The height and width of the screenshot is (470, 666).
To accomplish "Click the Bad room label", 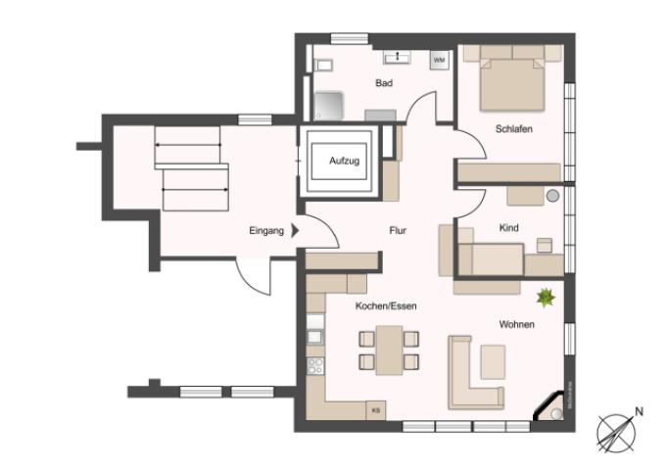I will [x=384, y=83].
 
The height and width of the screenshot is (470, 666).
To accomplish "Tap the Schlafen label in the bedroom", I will [x=513, y=128].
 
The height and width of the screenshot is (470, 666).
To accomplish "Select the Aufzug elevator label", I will [x=344, y=160].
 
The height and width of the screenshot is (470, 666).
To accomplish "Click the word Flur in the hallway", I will [x=397, y=231].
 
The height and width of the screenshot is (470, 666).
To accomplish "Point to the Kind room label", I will [x=508, y=228].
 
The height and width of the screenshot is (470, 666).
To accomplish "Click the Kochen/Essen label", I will [x=386, y=306].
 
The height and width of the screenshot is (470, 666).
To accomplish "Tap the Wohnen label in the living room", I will [x=516, y=324].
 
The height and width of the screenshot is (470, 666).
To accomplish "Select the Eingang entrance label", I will [x=265, y=232].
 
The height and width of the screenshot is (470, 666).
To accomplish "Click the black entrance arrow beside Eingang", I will [x=295, y=232].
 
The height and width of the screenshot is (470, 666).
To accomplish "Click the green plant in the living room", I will [x=546, y=296].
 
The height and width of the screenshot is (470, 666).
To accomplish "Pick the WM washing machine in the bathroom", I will [x=439, y=61].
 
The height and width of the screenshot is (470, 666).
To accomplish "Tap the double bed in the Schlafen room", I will [x=511, y=81].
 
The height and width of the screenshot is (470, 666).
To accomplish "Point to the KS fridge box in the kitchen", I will [x=375, y=410].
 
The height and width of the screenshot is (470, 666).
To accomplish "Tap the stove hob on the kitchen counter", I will [x=315, y=366].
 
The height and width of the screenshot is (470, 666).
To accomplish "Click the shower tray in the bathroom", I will [x=330, y=103].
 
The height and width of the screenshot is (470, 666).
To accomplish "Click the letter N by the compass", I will [x=639, y=411].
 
